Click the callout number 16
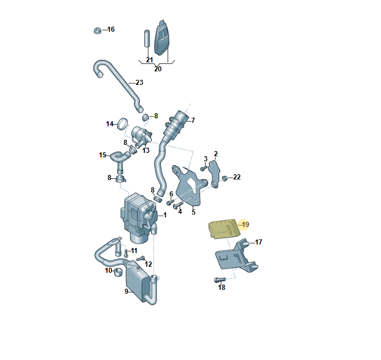click(x=111, y=29)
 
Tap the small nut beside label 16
click(x=97, y=31)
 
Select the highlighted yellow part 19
click(x=225, y=229)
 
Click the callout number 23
click(x=139, y=83)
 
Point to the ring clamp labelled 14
click(x=122, y=124)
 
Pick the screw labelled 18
click(x=220, y=280)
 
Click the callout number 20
click(x=158, y=69)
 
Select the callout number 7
click(x=193, y=120)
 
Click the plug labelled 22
click(x=224, y=178)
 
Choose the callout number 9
click(x=126, y=291)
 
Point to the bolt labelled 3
click(x=203, y=168)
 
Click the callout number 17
click(x=259, y=242)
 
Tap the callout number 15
click(x=102, y=155)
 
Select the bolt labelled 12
click(x=141, y=259)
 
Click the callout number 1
click(x=165, y=215)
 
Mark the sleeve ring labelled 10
click(x=118, y=272)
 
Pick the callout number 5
click(x=194, y=212)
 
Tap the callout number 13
click(x=145, y=151)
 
